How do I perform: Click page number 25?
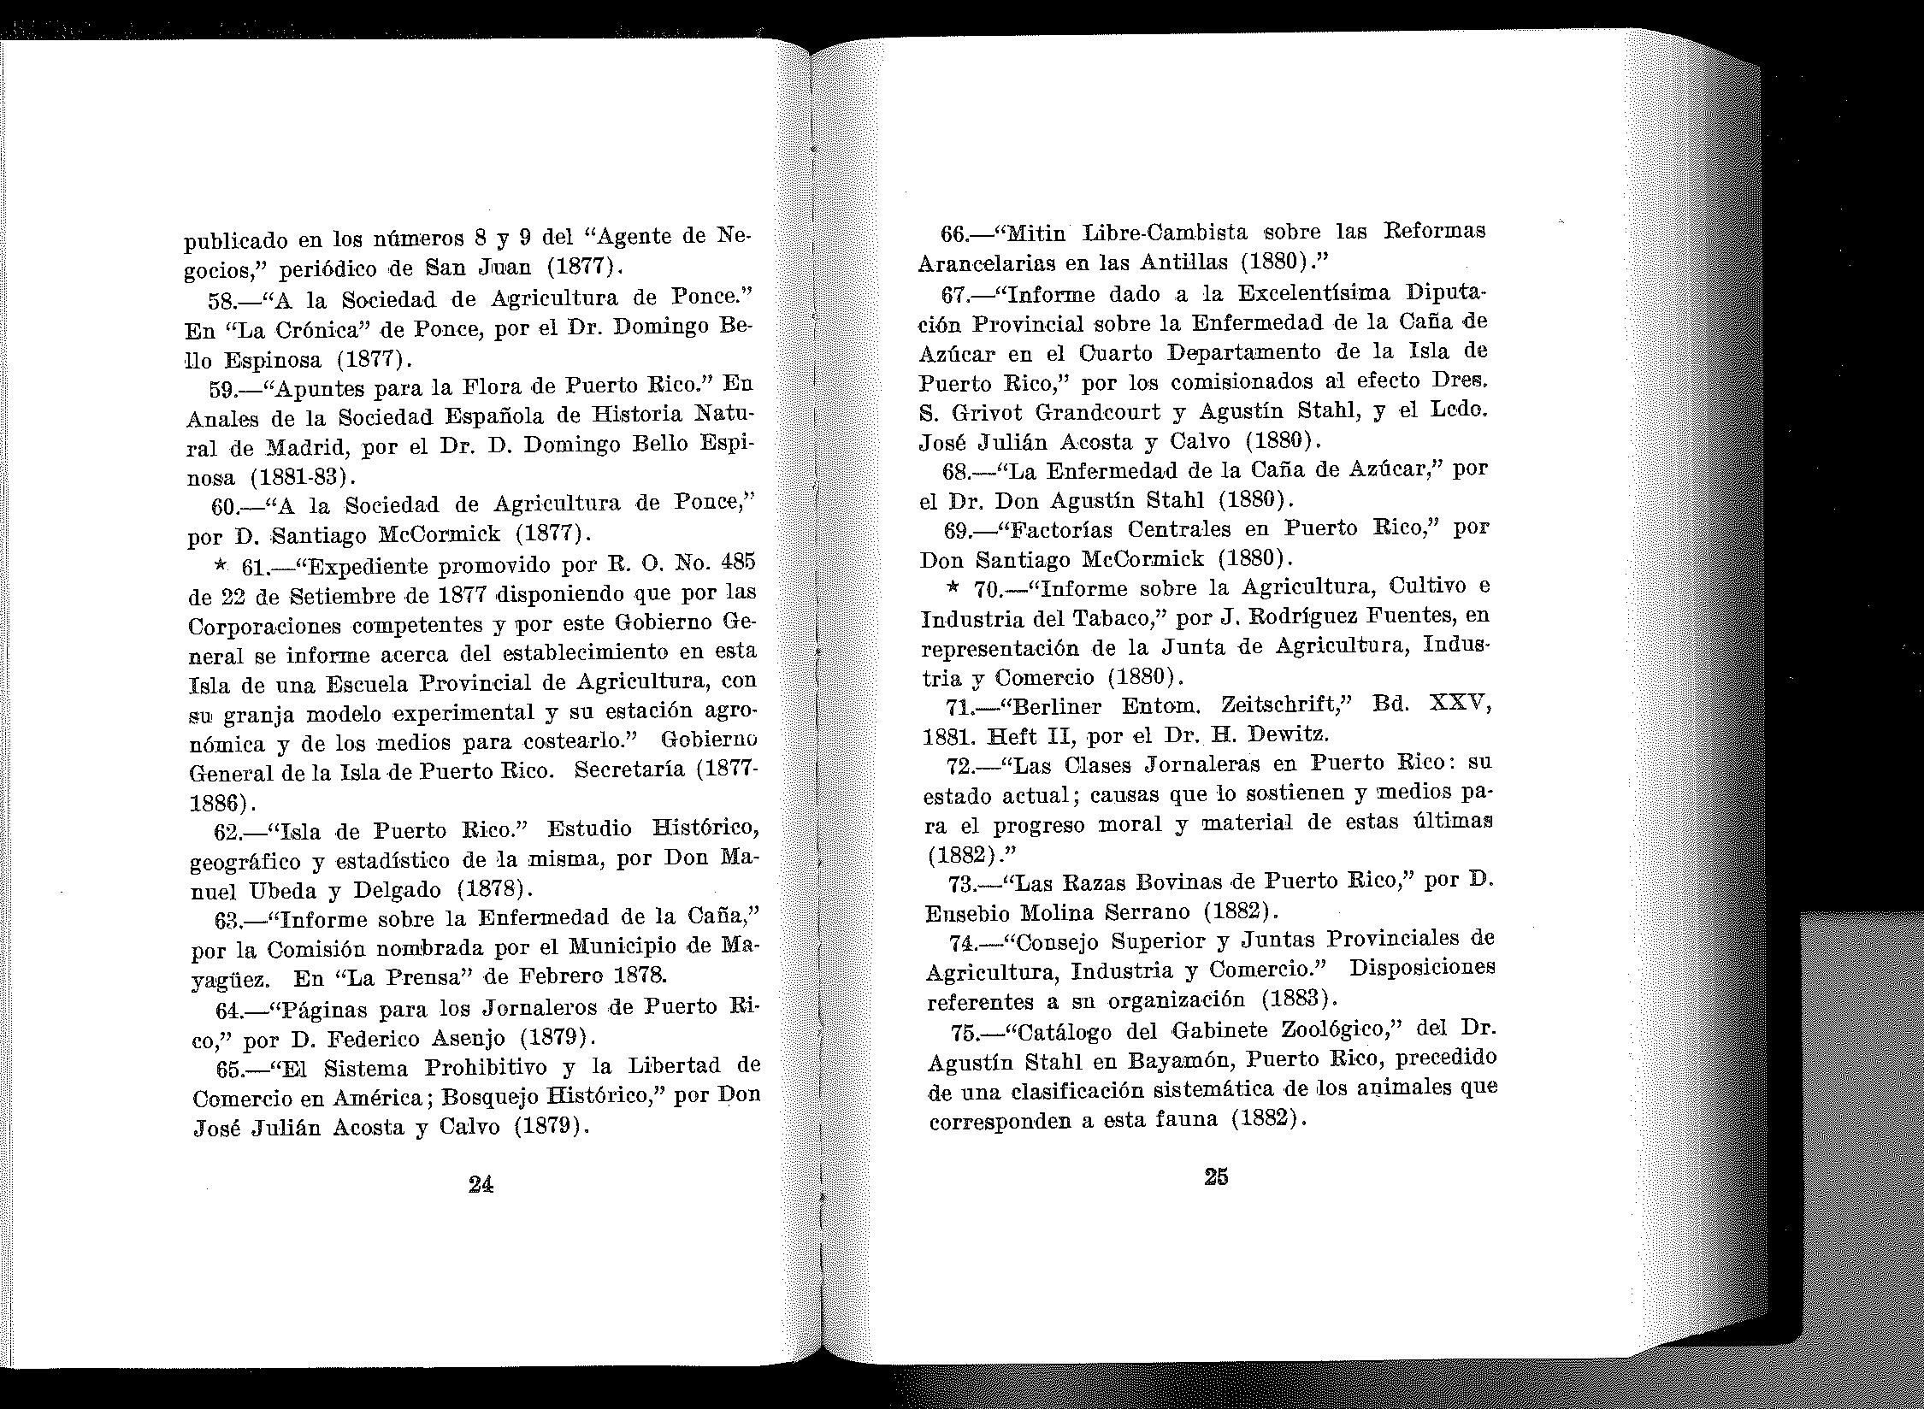click(1216, 1176)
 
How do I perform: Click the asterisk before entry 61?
click(221, 566)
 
